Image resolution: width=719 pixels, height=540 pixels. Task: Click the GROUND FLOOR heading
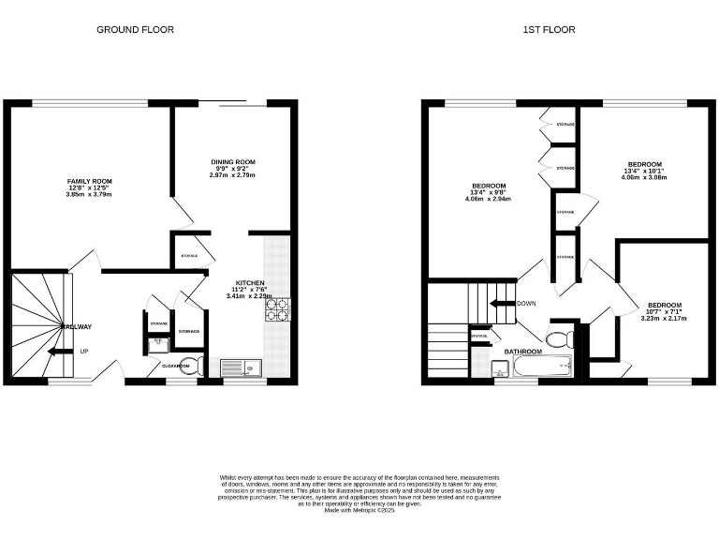pyautogui.click(x=135, y=29)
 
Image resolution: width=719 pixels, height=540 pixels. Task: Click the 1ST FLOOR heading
pyautogui.click(x=549, y=29)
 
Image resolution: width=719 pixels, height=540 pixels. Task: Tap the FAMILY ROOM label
pyautogui.click(x=89, y=181)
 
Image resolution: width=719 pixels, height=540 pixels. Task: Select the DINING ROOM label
pyautogui.click(x=232, y=162)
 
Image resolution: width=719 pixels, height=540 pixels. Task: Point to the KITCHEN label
pyautogui.click(x=249, y=282)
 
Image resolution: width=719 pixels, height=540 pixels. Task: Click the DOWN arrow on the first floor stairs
pyautogui.click(x=505, y=304)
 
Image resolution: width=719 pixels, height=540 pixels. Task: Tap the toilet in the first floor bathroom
pyautogui.click(x=561, y=337)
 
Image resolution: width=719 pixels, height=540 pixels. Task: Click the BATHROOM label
pyautogui.click(x=522, y=352)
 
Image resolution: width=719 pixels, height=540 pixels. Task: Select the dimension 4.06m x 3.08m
pyautogui.click(x=644, y=177)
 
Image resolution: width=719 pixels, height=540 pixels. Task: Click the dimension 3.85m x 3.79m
pyautogui.click(x=89, y=195)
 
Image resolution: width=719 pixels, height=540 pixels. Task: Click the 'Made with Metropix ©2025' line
pyautogui.click(x=359, y=510)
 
